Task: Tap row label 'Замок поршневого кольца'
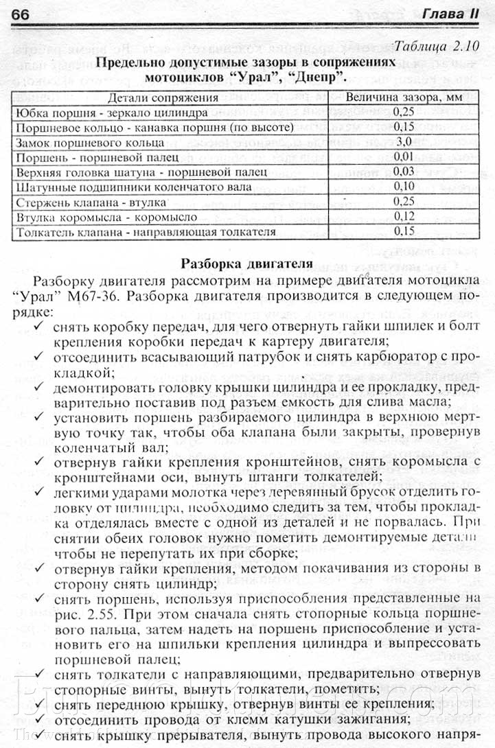click(89, 142)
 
